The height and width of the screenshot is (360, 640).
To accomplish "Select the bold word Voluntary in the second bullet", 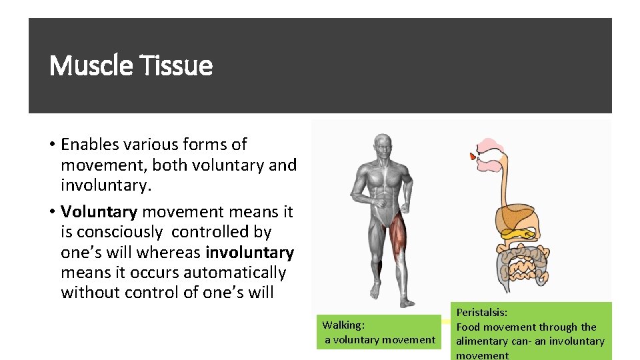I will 99,212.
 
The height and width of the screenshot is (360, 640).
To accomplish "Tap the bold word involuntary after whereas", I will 250,253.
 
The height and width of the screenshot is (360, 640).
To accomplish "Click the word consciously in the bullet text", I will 119,232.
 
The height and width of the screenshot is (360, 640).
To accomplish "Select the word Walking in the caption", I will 343,325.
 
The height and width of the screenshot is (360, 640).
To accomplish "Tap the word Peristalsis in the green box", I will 481,312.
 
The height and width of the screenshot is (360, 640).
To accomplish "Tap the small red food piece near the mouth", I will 473,157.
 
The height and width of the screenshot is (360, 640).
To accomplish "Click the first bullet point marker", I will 51,145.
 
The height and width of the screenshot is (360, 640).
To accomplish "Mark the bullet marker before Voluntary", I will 51,212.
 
